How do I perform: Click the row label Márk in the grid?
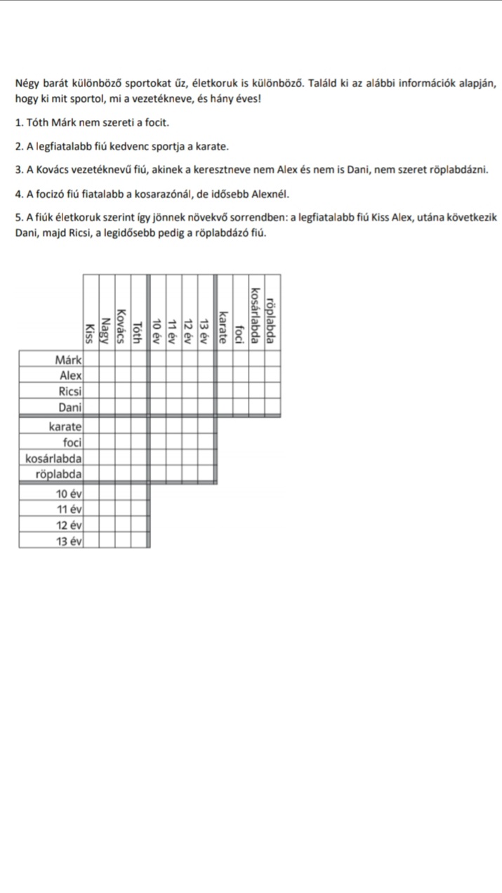(x=68, y=359)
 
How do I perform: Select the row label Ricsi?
(x=71, y=391)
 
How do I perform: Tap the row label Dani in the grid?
(x=71, y=407)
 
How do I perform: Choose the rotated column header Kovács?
(x=122, y=326)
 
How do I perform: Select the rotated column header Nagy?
(x=106, y=331)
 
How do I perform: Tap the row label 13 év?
(x=70, y=541)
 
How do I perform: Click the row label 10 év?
(x=70, y=494)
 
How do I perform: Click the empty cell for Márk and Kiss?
(x=91, y=359)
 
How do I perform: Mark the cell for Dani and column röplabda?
(x=273, y=407)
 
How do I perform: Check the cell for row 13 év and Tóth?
(x=139, y=541)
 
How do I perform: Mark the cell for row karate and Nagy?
(x=107, y=426)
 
